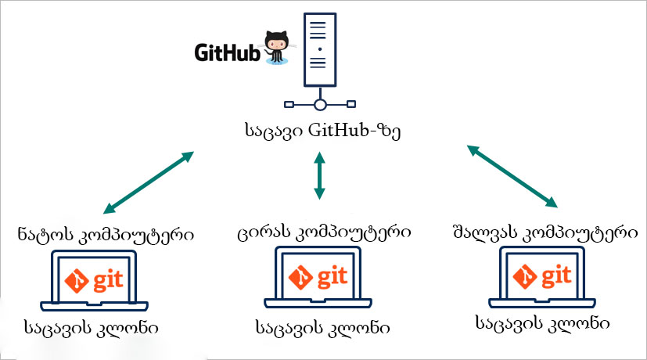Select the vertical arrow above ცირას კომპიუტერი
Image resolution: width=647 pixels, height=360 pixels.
[x=318, y=175]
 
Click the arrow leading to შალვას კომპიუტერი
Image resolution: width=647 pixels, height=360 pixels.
[x=513, y=176]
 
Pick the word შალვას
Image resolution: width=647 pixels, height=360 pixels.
[x=479, y=232]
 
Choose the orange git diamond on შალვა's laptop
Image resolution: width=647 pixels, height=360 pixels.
[x=523, y=275]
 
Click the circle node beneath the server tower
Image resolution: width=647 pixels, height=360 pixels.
[x=318, y=105]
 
